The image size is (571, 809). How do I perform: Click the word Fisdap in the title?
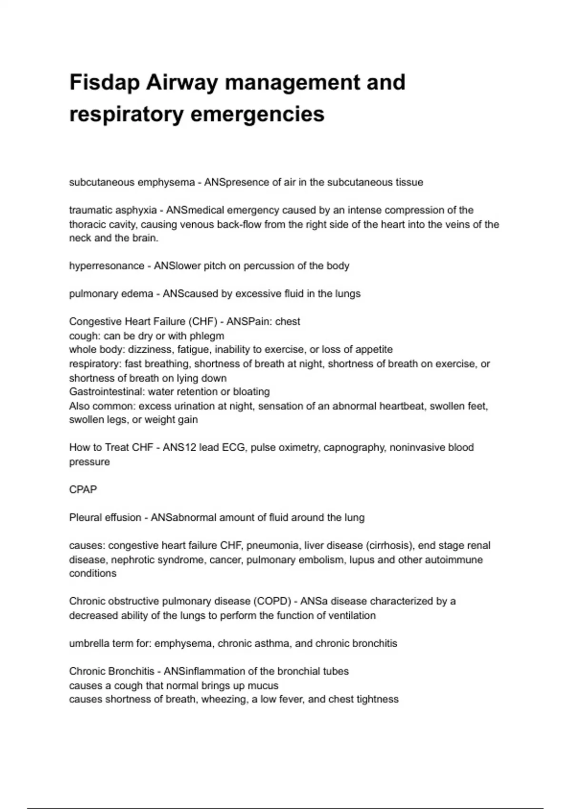tap(105, 82)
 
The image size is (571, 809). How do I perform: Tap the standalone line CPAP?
tap(83, 490)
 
